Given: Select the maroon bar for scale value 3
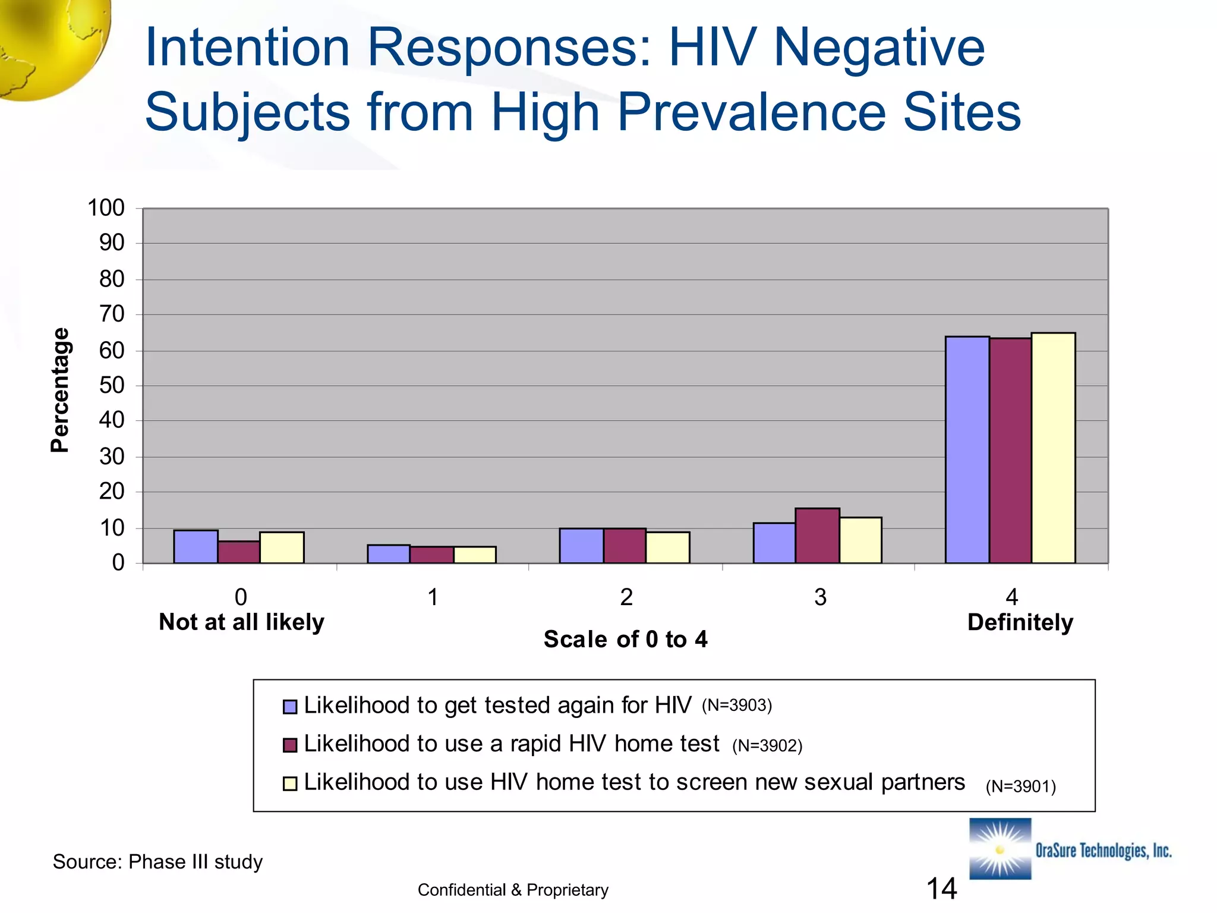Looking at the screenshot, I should [817, 536].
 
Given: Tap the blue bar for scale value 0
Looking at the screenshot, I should [196, 546].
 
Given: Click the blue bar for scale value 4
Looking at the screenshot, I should [967, 449].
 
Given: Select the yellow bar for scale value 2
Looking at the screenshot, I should [667, 547].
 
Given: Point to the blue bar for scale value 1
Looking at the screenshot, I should [389, 554].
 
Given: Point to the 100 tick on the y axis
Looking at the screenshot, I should [106, 208].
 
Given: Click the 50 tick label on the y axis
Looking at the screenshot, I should [111, 385].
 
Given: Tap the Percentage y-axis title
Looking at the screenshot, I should [60, 390].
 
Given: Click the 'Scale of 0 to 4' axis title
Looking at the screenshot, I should [625, 640].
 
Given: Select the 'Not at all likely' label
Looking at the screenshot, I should [241, 622].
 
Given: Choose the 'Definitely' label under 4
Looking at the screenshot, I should [1020, 622].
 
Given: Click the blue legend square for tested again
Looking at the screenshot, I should [289, 707].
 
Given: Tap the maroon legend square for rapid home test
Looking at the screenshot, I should [289, 745].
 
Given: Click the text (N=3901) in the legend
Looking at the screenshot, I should [1020, 786].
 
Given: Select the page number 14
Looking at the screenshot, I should [941, 889].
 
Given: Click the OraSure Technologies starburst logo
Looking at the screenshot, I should [1000, 849].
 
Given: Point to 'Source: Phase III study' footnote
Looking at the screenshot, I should [157, 862].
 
